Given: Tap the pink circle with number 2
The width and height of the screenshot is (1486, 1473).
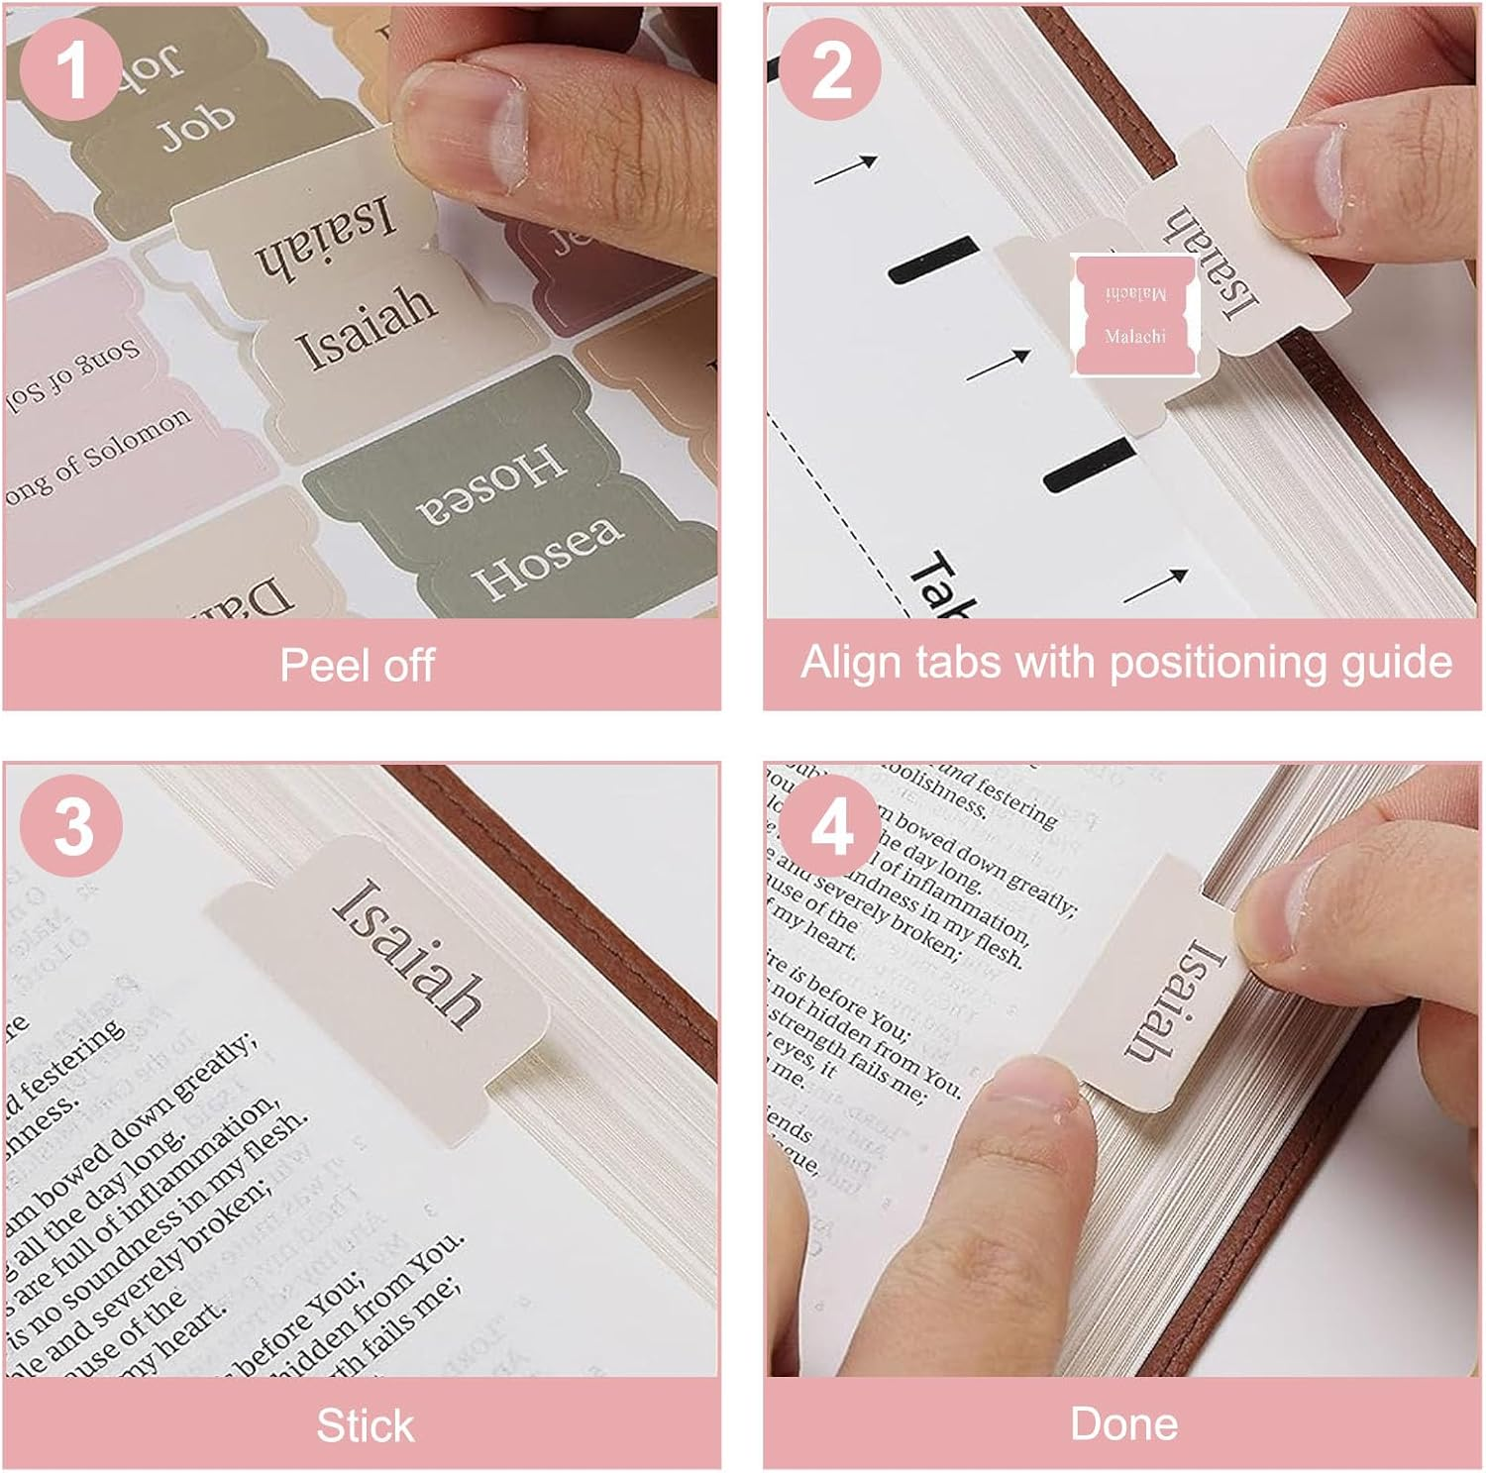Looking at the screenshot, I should [x=830, y=69].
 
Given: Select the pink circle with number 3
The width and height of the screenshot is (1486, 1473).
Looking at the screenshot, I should [x=71, y=825].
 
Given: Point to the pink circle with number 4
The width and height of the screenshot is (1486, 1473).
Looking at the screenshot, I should [x=830, y=825].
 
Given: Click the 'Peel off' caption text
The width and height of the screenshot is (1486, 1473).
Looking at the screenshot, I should [x=357, y=665].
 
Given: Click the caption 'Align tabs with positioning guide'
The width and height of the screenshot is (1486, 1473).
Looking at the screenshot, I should [x=1125, y=662].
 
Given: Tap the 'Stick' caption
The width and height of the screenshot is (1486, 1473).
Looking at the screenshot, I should [x=364, y=1425].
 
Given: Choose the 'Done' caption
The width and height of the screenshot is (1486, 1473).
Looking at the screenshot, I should [x=1123, y=1423].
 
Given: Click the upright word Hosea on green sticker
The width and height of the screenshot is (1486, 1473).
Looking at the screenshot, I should [x=548, y=558].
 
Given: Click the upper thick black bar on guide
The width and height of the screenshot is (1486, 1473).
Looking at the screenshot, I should [x=932, y=259].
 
